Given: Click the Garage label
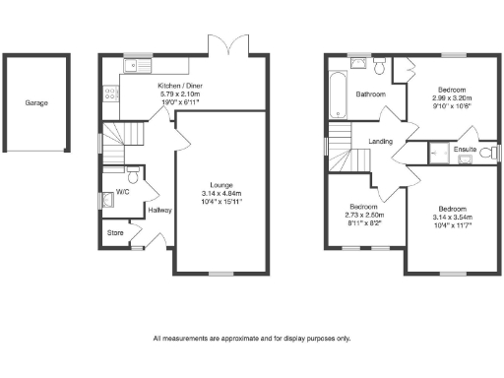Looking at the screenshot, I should tap(36, 102).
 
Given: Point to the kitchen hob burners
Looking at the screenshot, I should tap(110, 95).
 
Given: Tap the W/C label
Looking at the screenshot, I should tap(122, 192).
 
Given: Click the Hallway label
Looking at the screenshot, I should tap(159, 210).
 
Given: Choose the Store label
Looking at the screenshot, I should tap(116, 233).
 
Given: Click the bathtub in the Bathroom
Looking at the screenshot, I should tap(336, 94).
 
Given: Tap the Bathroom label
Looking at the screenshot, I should tap(370, 94).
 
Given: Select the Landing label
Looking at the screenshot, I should tap(381, 141).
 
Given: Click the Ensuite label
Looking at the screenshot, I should tap(466, 150).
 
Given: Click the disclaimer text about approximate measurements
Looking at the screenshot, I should tap(252, 338).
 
